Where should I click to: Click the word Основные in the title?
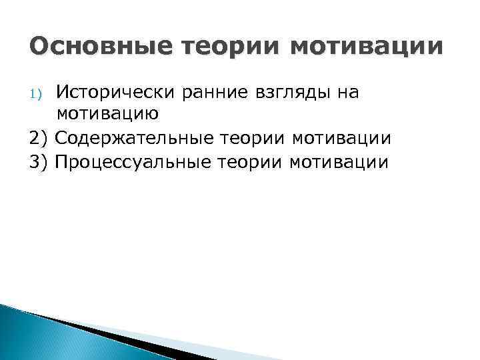coord(91,47)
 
